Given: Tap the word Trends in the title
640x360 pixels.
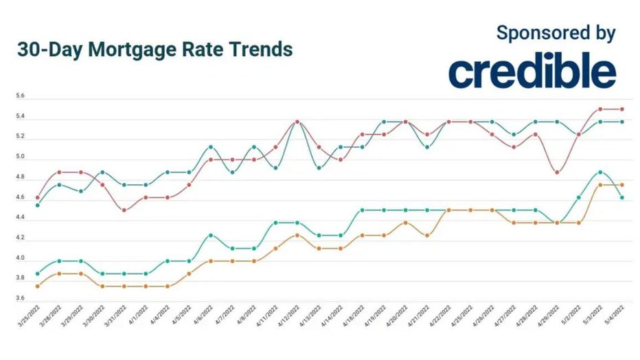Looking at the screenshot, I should (260, 50).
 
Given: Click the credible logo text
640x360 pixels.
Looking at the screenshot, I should (532, 73).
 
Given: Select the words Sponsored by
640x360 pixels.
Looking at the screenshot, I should (556, 32).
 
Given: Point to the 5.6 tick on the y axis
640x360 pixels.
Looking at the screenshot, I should (20, 97).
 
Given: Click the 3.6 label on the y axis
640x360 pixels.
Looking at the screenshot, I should (20, 298).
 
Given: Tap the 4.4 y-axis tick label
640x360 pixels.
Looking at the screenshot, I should (20, 218).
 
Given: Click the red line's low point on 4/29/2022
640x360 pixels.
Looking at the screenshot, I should (557, 172).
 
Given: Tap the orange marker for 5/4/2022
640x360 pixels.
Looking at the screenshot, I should (622, 185).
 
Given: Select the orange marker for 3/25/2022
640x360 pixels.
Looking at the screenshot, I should (37, 286).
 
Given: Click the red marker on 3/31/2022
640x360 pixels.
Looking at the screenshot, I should (124, 210).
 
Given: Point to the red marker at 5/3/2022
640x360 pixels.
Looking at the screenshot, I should (600, 109).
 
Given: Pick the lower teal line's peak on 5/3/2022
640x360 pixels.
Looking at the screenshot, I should (600, 172).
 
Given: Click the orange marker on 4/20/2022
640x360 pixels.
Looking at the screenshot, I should (405, 223).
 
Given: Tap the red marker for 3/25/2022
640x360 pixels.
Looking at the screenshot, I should (37, 197).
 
